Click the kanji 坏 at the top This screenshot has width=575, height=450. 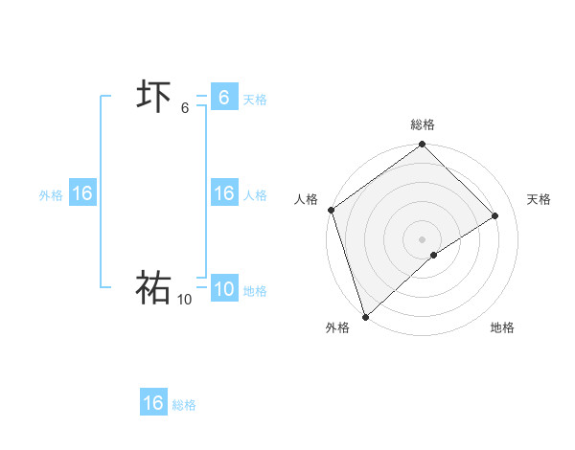tap(153, 98)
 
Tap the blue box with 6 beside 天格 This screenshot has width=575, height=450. tap(223, 98)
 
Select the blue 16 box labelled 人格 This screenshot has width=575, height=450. tap(223, 193)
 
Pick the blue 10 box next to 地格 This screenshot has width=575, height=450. tap(223, 289)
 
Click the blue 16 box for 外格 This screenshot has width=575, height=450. tap(82, 193)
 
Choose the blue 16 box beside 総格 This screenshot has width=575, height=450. tap(153, 403)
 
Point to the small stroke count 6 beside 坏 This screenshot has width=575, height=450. tap(185, 108)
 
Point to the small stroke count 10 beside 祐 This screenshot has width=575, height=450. tap(184, 300)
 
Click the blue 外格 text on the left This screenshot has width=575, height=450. tap(51, 194)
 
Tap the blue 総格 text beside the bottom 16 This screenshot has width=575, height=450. tap(184, 405)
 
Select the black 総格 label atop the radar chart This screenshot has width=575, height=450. tap(423, 124)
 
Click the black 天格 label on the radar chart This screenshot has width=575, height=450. tap(539, 199)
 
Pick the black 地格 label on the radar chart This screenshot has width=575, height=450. tap(502, 327)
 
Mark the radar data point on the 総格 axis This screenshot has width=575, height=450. tap(422, 146)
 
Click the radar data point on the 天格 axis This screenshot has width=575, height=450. tap(495, 215)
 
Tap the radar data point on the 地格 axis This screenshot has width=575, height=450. tap(434, 255)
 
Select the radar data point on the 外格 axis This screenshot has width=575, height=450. tap(365, 316)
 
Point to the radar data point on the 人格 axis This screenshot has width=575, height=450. tap(331, 210)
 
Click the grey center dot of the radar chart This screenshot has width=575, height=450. tap(422, 238)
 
